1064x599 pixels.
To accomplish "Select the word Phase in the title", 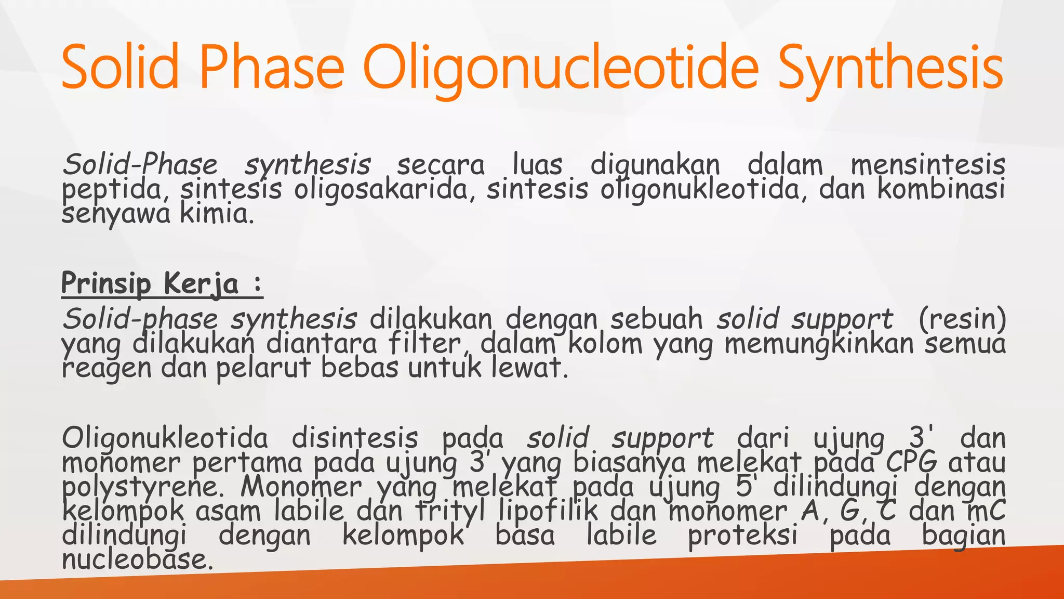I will (272, 68).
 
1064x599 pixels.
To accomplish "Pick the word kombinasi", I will (941, 189).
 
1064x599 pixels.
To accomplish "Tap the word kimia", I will (217, 214).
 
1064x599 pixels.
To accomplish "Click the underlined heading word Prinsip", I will (106, 283).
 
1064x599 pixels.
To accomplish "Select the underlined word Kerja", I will (201, 284).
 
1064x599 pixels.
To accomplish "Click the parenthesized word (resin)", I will (962, 319).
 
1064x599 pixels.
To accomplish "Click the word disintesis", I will (355, 438).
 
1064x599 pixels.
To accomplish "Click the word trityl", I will (450, 511).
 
